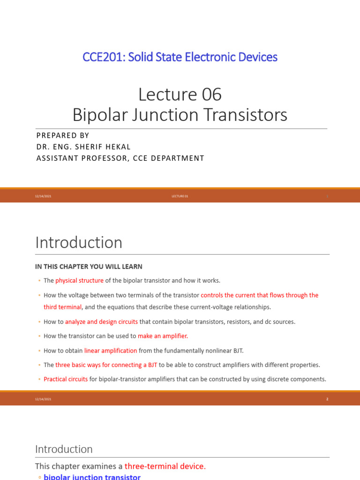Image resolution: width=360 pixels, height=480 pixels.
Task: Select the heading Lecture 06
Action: tap(180, 95)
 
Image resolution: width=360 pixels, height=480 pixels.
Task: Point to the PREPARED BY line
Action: tap(62, 135)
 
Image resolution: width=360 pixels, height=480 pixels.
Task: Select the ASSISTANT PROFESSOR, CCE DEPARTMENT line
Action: tap(120, 158)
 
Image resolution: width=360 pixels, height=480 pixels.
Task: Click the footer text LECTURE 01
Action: tap(180, 196)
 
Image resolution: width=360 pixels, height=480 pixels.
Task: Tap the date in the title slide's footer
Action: tap(43, 196)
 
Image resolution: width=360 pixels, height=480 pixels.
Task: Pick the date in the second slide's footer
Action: tap(43, 399)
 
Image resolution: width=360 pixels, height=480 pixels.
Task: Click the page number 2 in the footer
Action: tap(327, 399)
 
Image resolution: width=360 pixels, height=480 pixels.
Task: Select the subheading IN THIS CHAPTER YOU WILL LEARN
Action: tap(89, 266)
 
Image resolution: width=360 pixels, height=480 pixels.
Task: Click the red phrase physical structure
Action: tap(79, 281)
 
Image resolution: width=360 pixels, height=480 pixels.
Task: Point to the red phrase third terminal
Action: tap(63, 307)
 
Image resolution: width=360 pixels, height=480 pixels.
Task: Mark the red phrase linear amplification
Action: tap(111, 351)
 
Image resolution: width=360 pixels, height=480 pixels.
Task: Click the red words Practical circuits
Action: tap(66, 379)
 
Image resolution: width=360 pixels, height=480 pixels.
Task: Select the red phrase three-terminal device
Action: tap(165, 466)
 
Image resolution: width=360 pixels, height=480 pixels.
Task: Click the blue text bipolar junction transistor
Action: tap(92, 477)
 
